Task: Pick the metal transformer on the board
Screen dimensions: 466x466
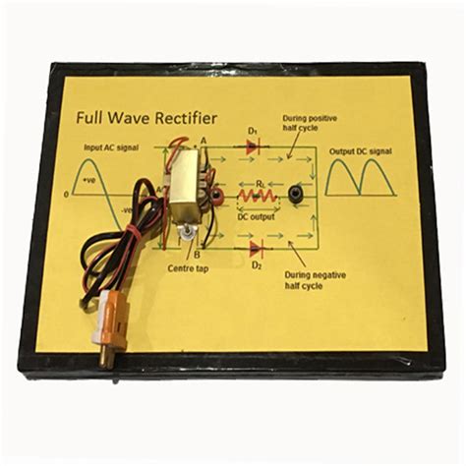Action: [183, 184]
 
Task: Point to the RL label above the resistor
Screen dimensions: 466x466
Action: [258, 183]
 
